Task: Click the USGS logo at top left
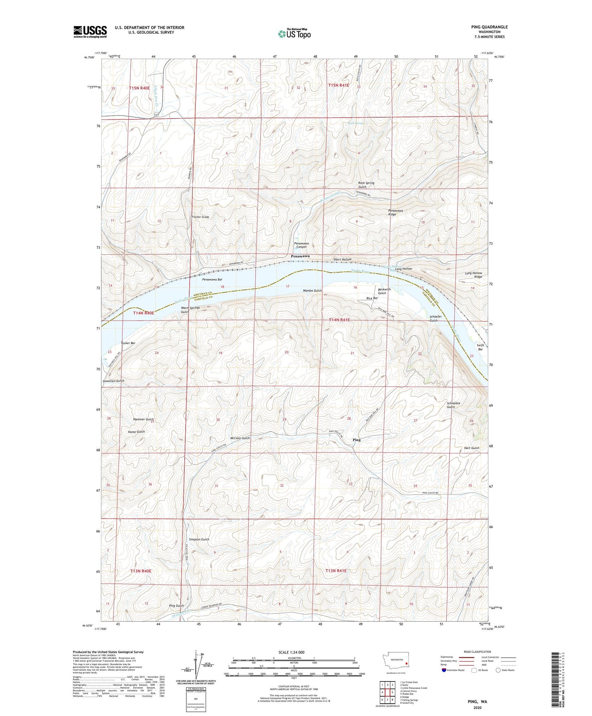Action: [x=90, y=32]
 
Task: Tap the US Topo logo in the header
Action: [x=294, y=34]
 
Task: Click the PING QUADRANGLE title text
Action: [x=489, y=27]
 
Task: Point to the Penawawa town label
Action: [x=300, y=256]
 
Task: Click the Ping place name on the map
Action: [x=356, y=440]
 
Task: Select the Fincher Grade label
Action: [x=200, y=217]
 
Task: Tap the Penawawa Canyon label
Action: [x=301, y=245]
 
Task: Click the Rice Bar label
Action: [x=372, y=298]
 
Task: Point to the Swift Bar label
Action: [x=480, y=347]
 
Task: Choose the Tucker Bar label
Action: [x=128, y=343]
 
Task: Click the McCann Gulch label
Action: [x=240, y=438]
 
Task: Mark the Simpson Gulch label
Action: [x=199, y=539]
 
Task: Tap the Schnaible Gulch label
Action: [x=453, y=405]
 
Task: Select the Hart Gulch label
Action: [x=472, y=448]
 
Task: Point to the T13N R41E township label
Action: [x=336, y=570]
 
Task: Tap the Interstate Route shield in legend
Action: [x=445, y=670]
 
